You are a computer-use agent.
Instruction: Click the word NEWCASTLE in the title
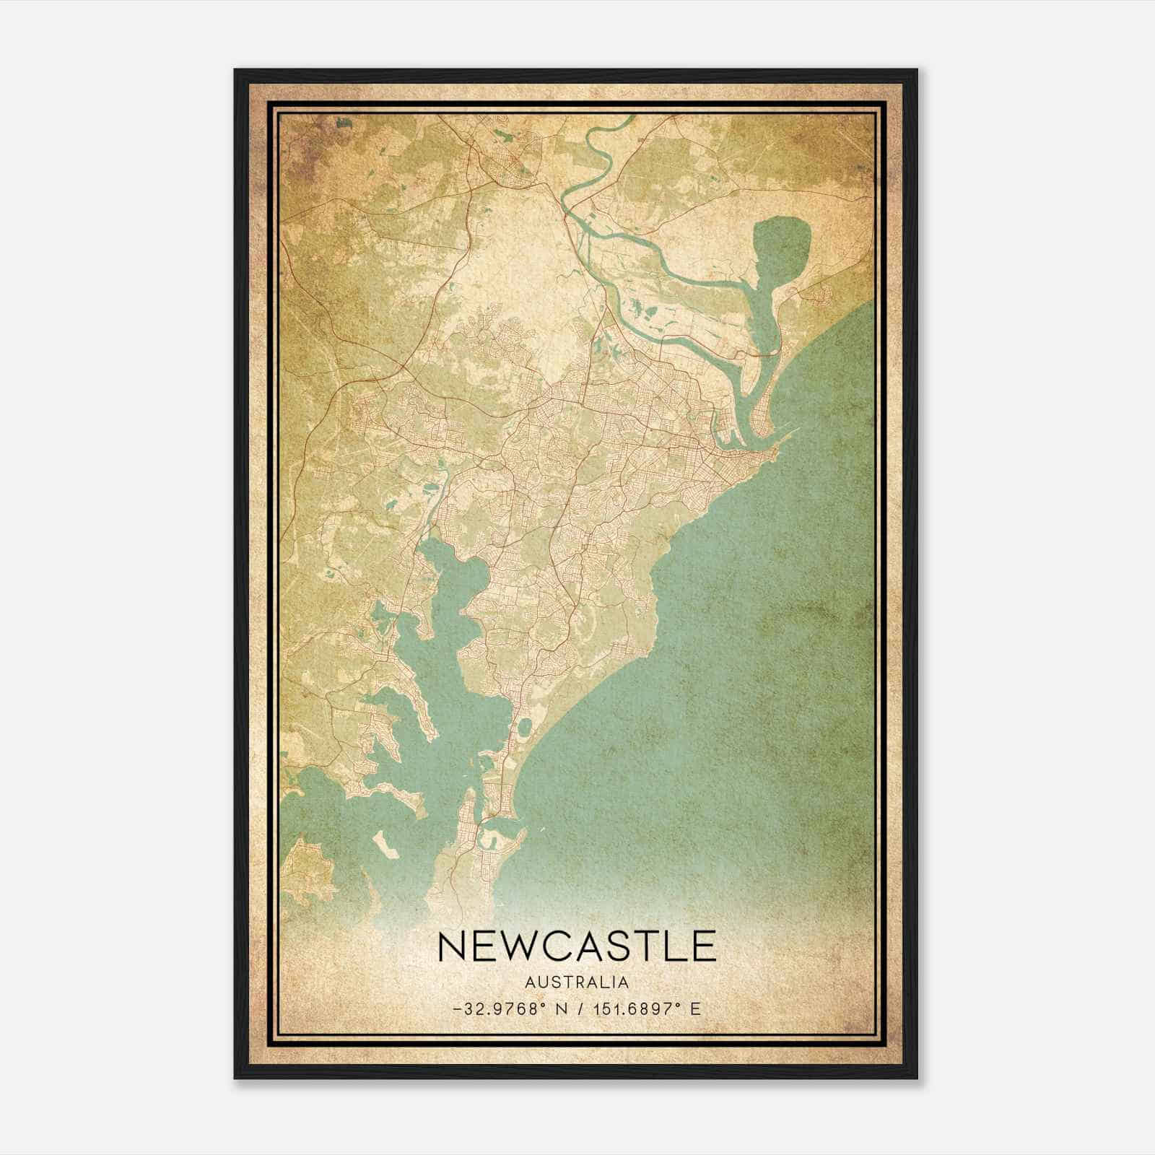577,946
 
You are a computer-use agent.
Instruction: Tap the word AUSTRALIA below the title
577,982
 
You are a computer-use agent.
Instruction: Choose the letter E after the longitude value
696,1009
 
